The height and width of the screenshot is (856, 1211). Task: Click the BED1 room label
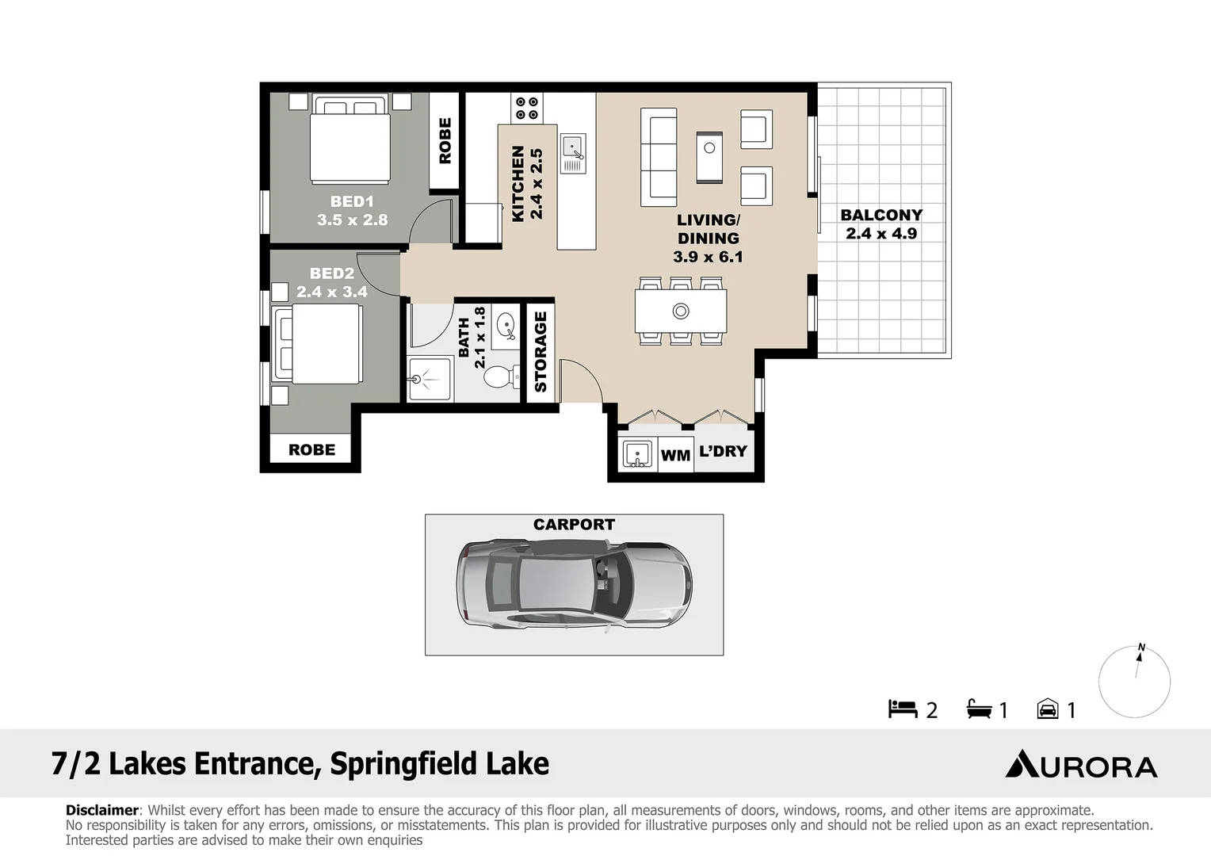352,201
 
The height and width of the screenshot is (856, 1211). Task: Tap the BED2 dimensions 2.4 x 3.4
332,292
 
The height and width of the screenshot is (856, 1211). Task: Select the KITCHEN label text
518,183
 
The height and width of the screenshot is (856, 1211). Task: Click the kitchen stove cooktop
527,108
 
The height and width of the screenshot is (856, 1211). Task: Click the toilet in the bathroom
499,376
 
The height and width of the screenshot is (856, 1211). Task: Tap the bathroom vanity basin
505,325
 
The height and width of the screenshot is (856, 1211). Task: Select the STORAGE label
541,351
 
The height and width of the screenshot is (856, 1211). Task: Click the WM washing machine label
675,456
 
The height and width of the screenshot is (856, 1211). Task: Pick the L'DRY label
723,451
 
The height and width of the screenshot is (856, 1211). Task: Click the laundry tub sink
636,454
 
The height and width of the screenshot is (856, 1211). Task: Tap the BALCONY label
881,215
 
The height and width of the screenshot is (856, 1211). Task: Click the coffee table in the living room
709,156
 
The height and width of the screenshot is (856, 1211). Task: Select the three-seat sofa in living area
659,157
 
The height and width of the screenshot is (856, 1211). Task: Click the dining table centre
681,311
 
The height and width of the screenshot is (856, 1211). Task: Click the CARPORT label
574,525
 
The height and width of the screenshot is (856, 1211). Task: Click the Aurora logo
1081,765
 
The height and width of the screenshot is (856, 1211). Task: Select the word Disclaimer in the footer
101,810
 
